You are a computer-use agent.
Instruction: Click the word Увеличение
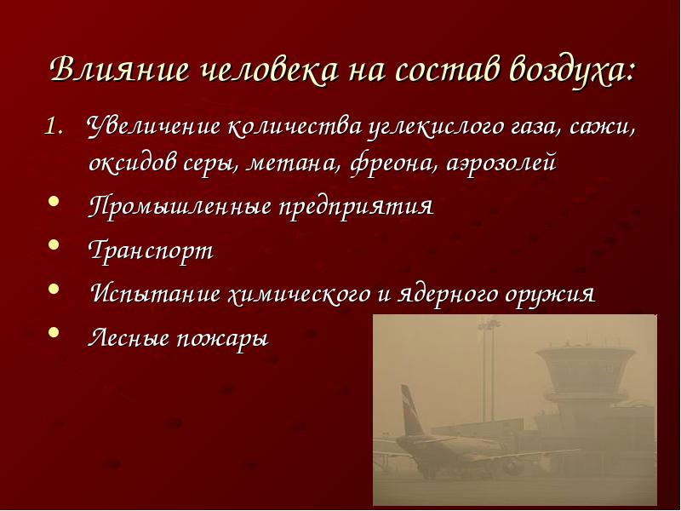click(153, 126)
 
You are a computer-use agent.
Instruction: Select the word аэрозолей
click(501, 164)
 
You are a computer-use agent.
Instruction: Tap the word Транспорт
click(152, 250)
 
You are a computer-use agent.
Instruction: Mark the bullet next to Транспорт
click(54, 244)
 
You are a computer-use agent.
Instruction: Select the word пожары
click(222, 339)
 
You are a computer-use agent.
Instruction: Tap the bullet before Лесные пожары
click(54, 332)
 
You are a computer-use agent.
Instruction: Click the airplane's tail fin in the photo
click(411, 411)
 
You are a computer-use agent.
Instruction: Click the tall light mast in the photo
click(489, 370)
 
